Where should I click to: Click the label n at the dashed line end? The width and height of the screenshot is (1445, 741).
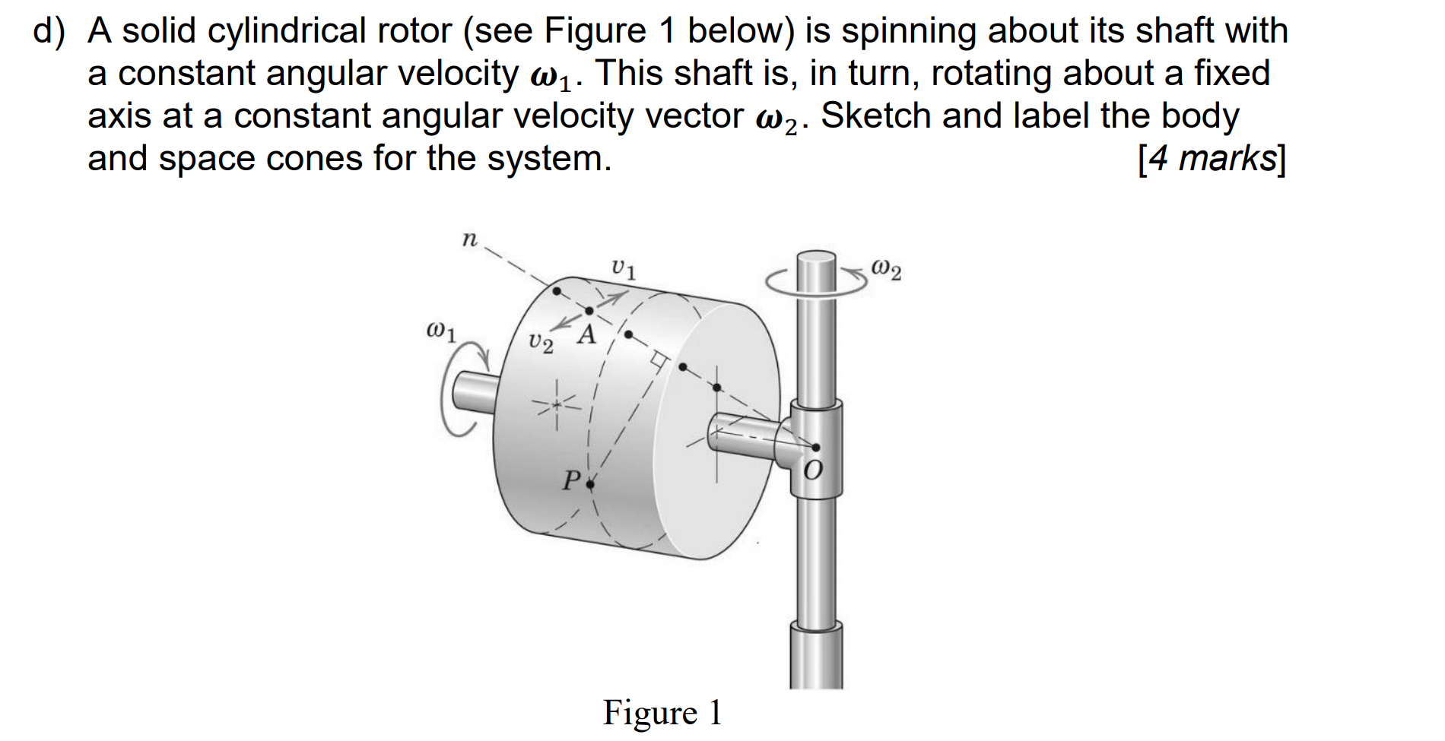point(469,240)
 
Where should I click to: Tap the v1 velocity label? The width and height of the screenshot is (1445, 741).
point(624,269)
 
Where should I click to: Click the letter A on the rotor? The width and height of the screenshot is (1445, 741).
point(586,334)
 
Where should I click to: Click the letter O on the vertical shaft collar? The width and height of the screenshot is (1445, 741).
point(812,471)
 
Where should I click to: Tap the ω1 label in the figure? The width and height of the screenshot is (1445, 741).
point(441,332)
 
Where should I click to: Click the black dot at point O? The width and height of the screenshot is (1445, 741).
point(816,448)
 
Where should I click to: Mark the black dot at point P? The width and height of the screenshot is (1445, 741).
point(589,483)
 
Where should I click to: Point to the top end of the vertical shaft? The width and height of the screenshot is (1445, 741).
point(816,258)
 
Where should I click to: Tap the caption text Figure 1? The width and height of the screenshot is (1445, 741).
point(662,713)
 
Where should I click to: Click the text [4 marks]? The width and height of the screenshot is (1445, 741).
point(1211,159)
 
